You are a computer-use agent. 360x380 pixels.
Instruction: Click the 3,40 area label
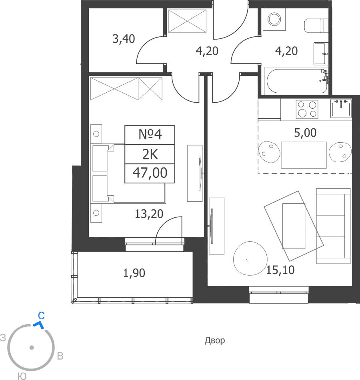click(124, 39)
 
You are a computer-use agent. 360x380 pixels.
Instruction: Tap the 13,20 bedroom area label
click(149, 214)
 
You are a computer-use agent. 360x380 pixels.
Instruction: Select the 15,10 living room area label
click(280, 270)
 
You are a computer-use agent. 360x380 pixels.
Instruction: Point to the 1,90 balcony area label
click(134, 273)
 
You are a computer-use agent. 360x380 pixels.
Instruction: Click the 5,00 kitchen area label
click(305, 133)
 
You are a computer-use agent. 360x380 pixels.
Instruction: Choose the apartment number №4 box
click(150, 135)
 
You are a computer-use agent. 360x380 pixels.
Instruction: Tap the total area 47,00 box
click(150, 173)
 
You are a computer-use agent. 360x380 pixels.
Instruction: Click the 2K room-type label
click(150, 154)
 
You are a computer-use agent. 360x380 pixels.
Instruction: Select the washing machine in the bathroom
click(274, 19)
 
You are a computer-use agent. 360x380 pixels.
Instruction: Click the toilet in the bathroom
click(316, 26)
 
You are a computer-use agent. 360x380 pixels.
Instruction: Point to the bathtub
click(297, 81)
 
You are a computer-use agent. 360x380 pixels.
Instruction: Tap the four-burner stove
click(307, 109)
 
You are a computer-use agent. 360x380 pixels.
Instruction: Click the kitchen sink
click(341, 108)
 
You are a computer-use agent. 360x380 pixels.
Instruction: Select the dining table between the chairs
click(304, 155)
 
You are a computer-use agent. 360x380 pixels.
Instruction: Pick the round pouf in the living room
click(250, 259)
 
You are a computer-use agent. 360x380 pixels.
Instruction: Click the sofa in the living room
click(333, 226)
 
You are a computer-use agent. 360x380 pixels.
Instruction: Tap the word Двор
click(215, 341)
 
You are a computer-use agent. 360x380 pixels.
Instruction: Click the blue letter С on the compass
click(41, 316)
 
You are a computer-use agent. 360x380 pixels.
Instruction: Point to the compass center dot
click(32, 348)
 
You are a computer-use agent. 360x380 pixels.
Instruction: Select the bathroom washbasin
click(321, 54)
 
